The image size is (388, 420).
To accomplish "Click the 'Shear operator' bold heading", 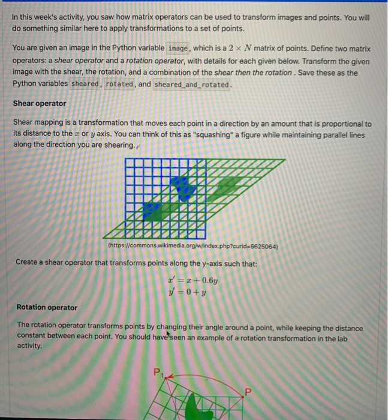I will click(40, 103).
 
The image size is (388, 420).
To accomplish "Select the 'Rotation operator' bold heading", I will click(46, 307).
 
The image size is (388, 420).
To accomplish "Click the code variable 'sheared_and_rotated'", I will click(192, 84).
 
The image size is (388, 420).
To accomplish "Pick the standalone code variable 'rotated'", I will click(119, 84).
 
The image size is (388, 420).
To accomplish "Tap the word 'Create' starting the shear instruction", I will click(26, 262).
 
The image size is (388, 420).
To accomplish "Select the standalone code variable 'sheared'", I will click(86, 84).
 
